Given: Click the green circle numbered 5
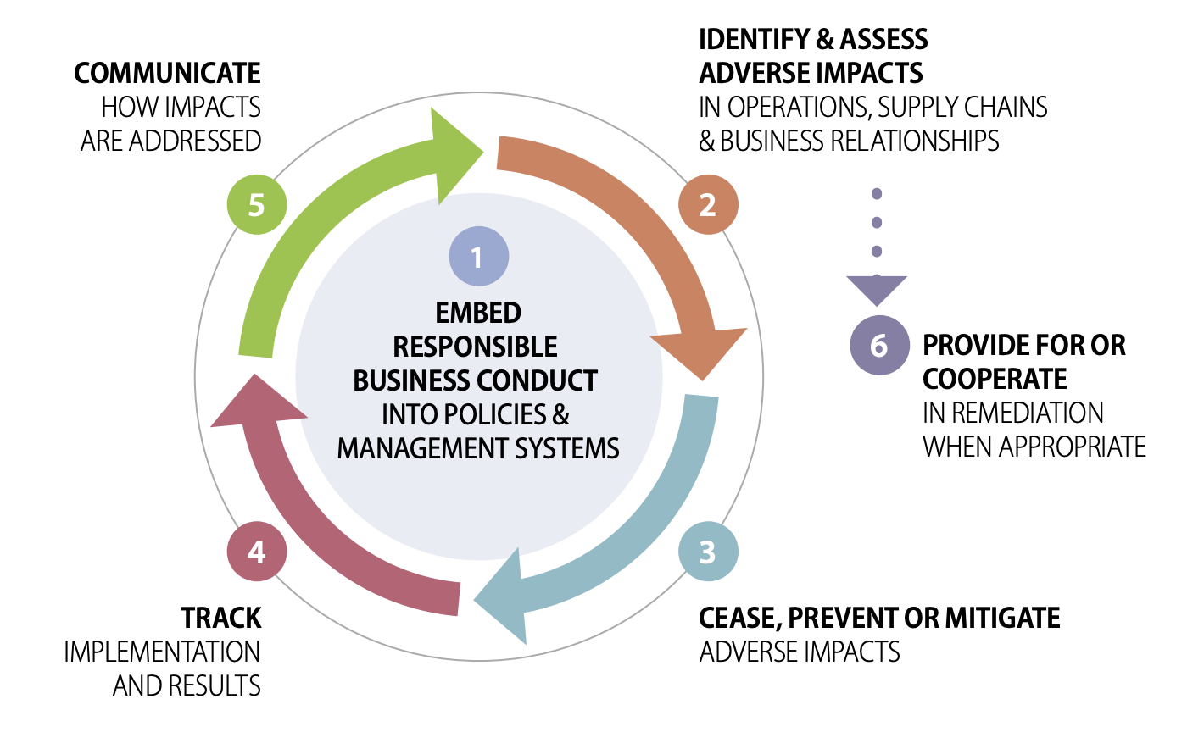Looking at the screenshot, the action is [x=257, y=205].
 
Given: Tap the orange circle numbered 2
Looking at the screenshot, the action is [x=708, y=205].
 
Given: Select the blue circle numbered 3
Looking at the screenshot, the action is [x=708, y=552].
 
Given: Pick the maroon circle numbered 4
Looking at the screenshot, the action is [x=257, y=552].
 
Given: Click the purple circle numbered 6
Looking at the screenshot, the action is [x=879, y=345].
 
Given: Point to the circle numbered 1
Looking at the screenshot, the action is [x=479, y=256].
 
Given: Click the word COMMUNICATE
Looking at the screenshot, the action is [x=167, y=73].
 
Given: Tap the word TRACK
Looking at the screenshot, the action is [x=221, y=618].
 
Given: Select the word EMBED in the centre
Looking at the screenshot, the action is [x=478, y=313].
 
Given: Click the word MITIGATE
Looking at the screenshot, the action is [x=1002, y=618].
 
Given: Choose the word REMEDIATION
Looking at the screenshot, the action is [x=1013, y=413].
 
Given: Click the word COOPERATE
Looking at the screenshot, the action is [x=995, y=379].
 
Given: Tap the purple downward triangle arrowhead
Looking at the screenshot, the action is [x=877, y=290].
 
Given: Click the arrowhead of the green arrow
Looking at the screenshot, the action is [x=457, y=156].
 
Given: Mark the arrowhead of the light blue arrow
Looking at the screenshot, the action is [x=503, y=596].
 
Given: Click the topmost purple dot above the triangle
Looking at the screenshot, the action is [x=877, y=193].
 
